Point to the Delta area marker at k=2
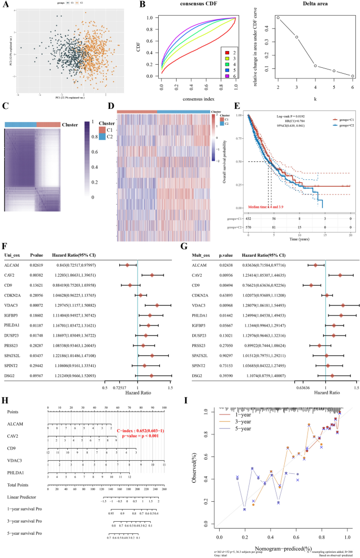(278, 18)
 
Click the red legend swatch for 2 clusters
(226, 52)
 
